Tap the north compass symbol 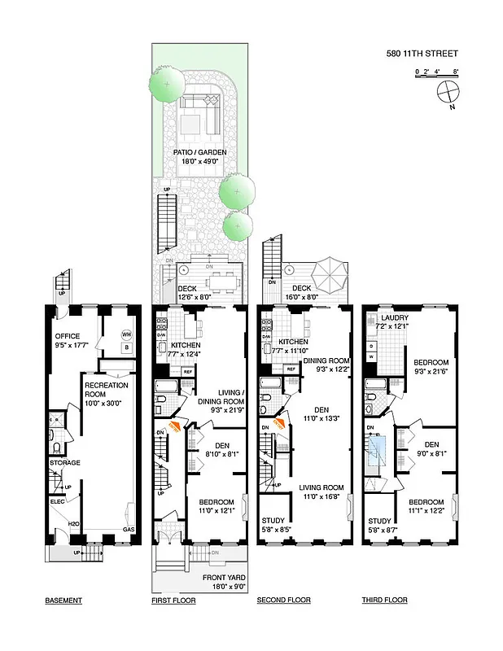coord(448,94)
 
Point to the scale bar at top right coord(437,74)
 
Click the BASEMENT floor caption coord(63,601)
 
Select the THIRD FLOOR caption coord(384,601)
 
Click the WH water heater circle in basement coord(126,334)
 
